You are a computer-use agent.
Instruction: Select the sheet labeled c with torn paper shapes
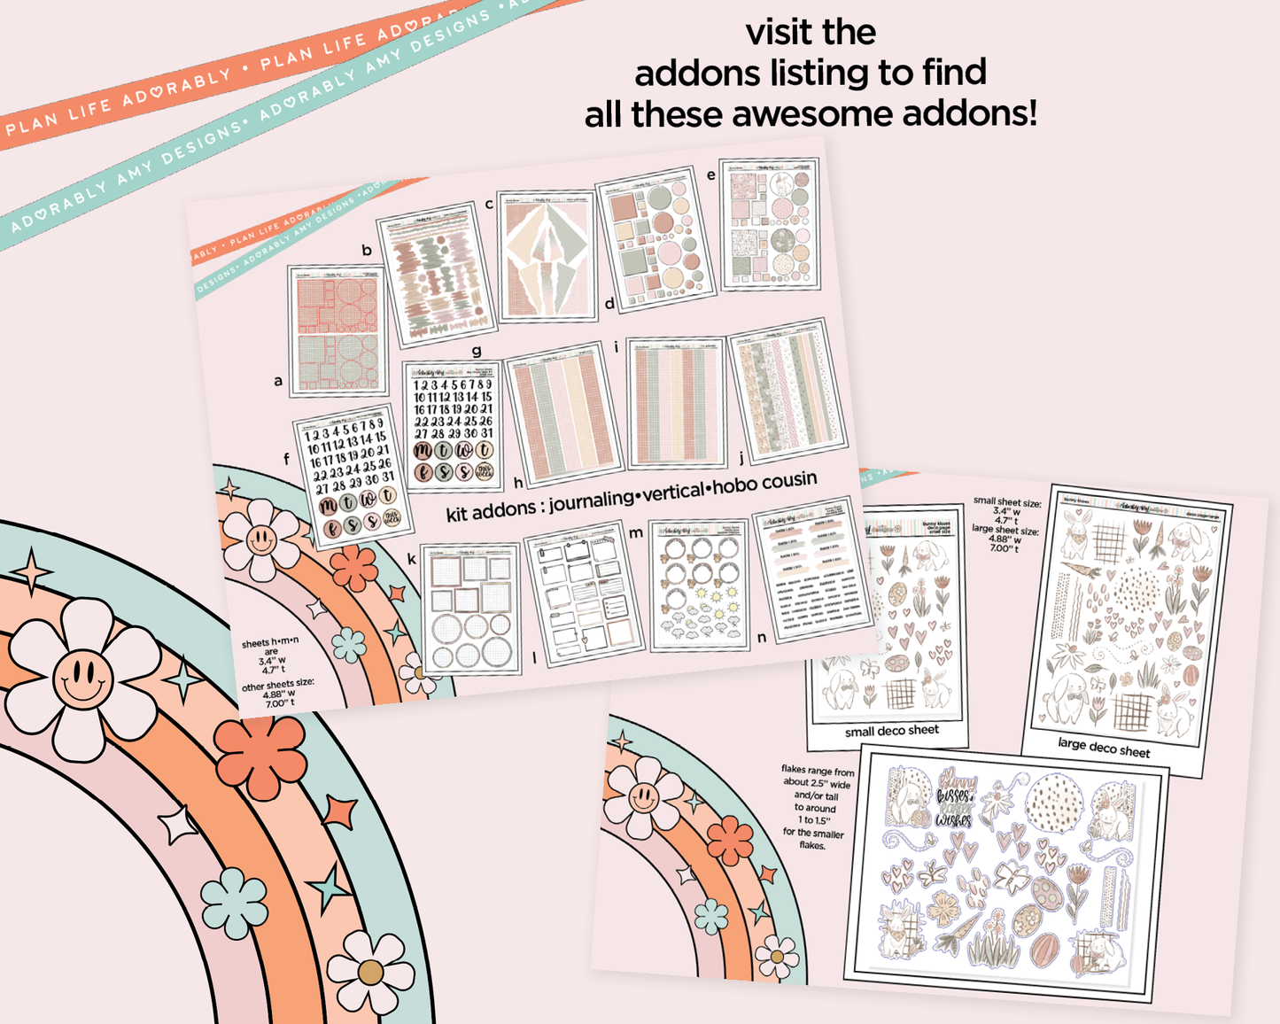pyautogui.click(x=547, y=256)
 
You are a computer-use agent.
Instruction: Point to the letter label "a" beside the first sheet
pyautogui.click(x=278, y=381)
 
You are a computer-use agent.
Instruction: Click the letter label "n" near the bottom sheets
pyautogui.click(x=762, y=637)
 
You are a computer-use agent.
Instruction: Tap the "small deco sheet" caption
pyautogui.click(x=891, y=731)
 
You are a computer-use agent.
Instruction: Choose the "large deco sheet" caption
pyautogui.click(x=1104, y=748)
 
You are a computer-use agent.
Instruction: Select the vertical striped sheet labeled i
pyautogui.click(x=676, y=402)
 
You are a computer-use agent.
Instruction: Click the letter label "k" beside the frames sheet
pyautogui.click(x=412, y=559)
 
